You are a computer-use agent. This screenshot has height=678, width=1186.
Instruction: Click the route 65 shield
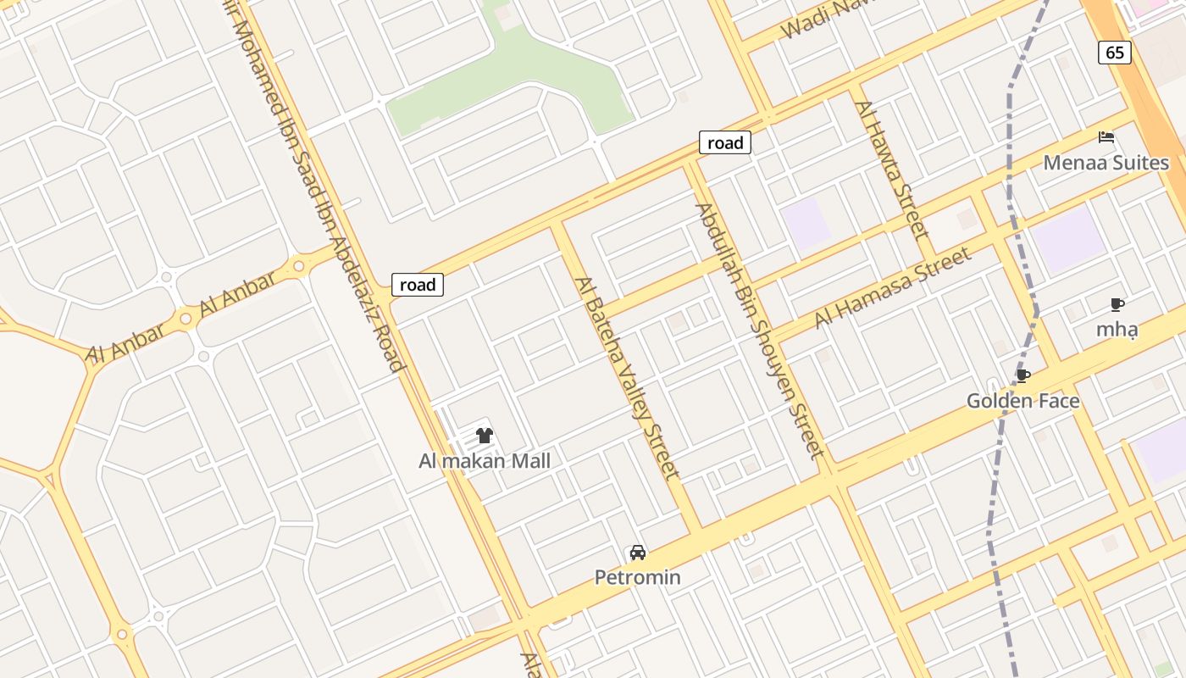(x=1115, y=53)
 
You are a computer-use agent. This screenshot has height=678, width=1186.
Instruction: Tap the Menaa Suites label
(x=1106, y=163)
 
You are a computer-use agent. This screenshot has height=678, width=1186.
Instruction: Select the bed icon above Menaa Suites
(x=1106, y=136)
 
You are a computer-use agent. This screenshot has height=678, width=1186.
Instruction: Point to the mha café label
(x=1117, y=329)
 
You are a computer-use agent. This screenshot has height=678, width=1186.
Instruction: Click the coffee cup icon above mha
(x=1117, y=304)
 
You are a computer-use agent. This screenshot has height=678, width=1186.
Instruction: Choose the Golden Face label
(x=1023, y=400)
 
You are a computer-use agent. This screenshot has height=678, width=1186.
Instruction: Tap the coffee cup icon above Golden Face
(x=1023, y=375)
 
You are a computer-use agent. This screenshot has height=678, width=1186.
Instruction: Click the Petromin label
(x=637, y=577)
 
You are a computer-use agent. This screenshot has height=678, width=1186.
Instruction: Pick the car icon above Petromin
(x=638, y=553)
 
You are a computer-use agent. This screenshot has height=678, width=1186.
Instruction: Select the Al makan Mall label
(x=484, y=461)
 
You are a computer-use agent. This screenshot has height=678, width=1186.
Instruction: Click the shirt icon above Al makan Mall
(x=484, y=436)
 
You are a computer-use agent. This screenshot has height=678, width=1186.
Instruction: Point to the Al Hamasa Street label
(x=892, y=288)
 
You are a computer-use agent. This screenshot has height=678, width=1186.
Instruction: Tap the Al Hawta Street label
(x=892, y=169)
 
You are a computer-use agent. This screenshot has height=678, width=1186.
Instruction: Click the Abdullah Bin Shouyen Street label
(x=759, y=331)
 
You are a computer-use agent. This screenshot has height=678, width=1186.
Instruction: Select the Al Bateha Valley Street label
(x=627, y=377)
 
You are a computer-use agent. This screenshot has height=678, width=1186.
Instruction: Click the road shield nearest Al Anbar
(x=418, y=285)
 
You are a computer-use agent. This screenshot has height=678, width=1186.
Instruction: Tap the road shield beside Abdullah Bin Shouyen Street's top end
(x=725, y=142)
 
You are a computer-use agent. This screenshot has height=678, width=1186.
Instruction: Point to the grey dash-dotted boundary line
(x=1010, y=169)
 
